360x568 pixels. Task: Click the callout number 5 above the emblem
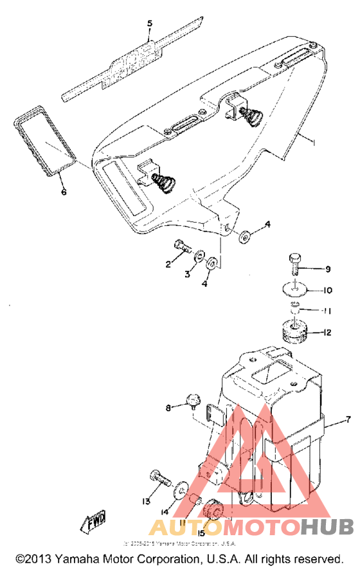click(150, 24)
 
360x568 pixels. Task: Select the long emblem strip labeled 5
click(128, 59)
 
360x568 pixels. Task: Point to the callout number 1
click(313, 140)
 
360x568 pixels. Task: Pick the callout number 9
click(327, 269)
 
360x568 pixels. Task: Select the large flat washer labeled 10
click(296, 288)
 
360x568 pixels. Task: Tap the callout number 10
click(328, 290)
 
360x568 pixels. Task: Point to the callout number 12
click(327, 333)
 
